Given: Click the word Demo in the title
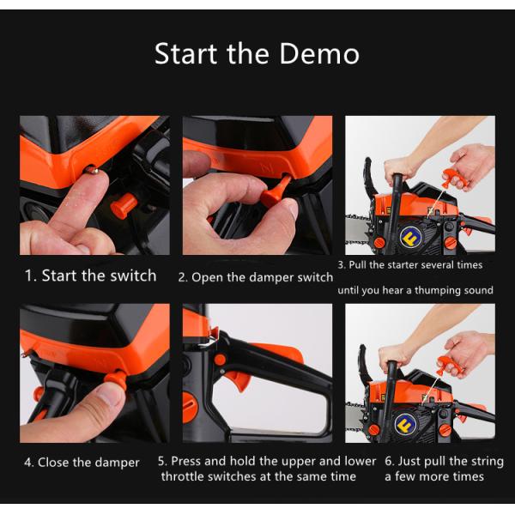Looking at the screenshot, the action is pos(319,53).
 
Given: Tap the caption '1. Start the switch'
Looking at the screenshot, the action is pos(91,276).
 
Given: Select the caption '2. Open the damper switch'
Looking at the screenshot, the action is pos(256,277).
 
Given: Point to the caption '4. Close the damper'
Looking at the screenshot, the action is pos(82,463).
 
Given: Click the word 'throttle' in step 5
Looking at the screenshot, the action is pos(182,476).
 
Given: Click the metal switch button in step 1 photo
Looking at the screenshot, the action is pos(92,170).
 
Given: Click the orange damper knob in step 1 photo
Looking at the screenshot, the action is pos(124,206).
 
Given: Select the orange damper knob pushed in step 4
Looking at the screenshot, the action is pos(116,380).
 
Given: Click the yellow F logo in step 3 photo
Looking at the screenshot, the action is pos(410,236).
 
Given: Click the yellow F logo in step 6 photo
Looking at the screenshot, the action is pos(405,424).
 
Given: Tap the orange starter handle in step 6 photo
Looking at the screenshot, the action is pos(449,366).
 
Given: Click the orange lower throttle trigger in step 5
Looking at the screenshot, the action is pos(240,380).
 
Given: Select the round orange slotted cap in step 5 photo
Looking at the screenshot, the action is pos(190,407).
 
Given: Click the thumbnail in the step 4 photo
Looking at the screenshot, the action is pos(108,397).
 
